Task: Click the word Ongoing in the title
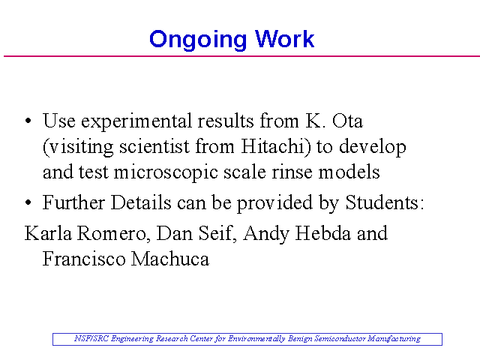point(198,40)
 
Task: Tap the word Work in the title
point(285,38)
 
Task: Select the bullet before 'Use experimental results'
point(28,121)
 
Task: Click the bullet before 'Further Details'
point(28,202)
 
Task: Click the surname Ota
point(347,121)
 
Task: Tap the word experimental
point(136,121)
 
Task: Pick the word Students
point(385,202)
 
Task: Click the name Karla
point(48,233)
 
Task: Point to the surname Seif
point(217,233)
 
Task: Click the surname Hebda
point(322,233)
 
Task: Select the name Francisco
point(84,259)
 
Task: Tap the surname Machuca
point(170,259)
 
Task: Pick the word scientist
point(154,146)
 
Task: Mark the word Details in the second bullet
point(141,202)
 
